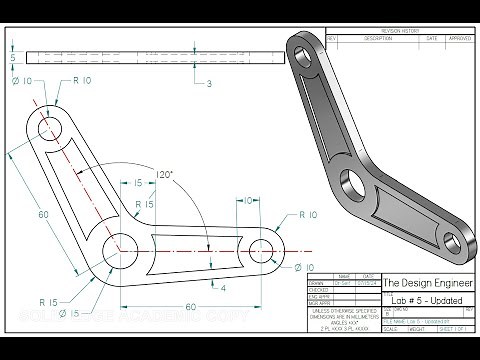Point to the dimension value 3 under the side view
[x=209, y=85]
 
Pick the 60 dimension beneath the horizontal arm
[x=191, y=307]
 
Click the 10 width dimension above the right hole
[x=246, y=201]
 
